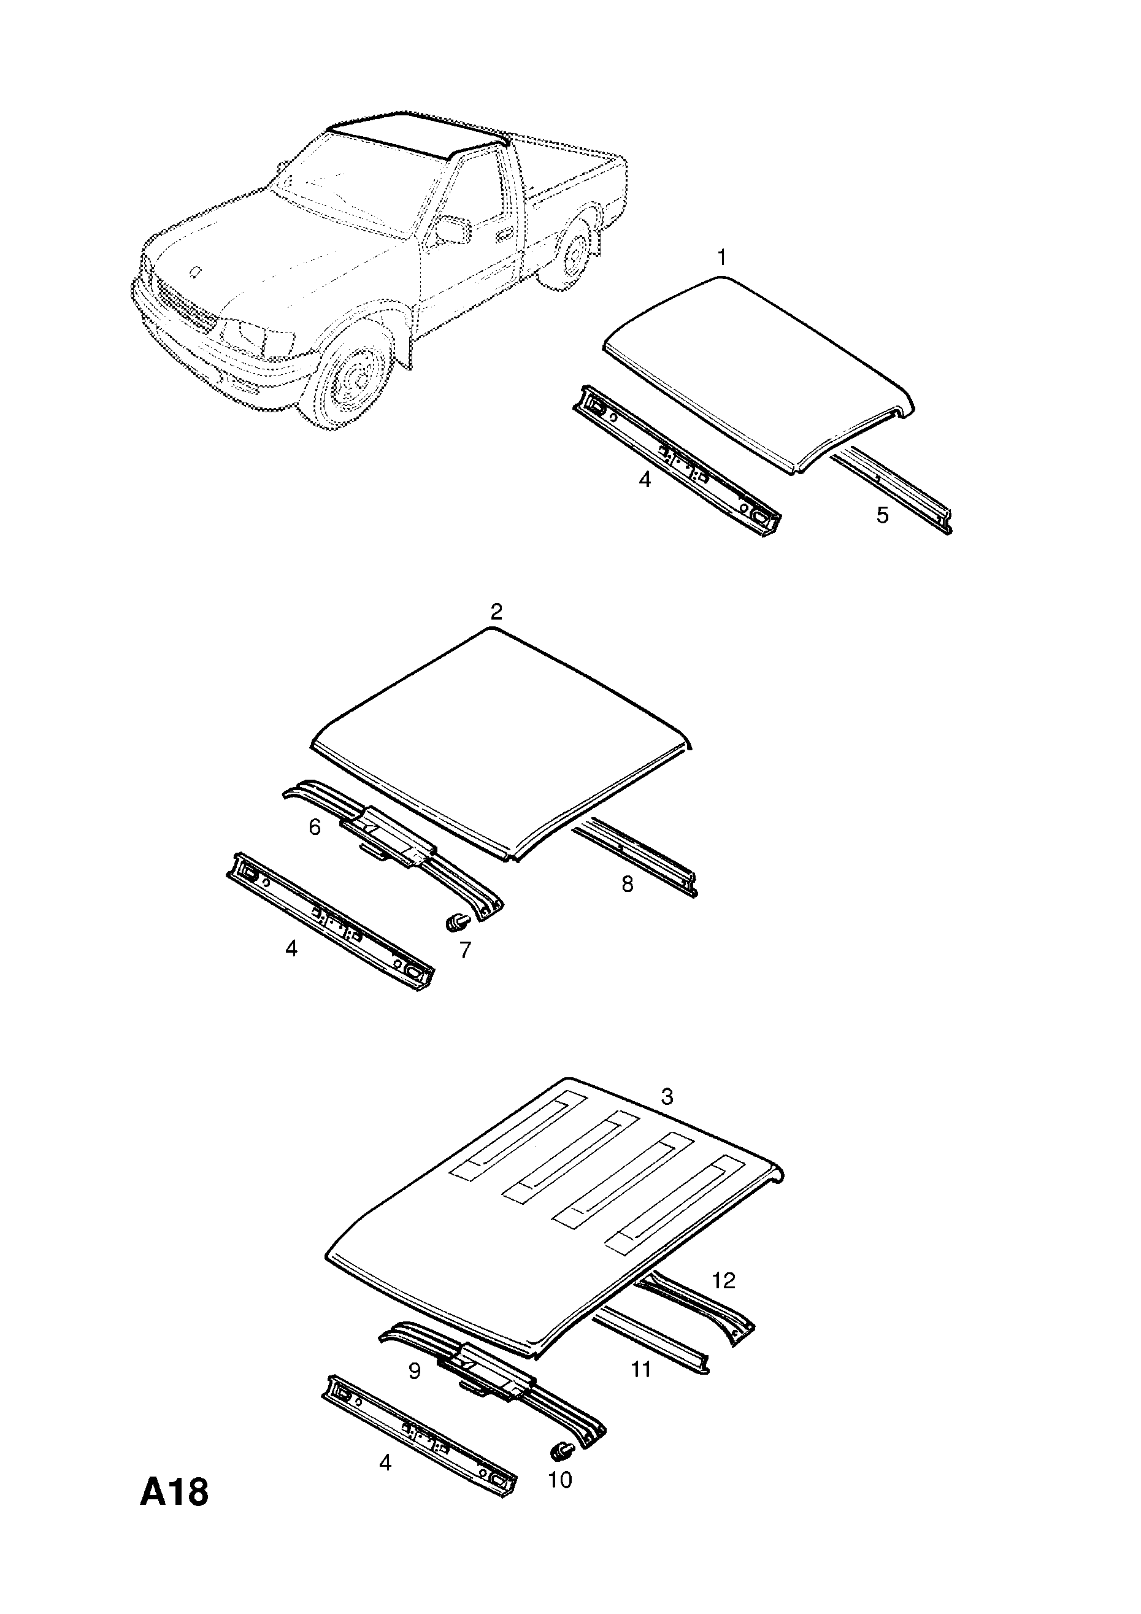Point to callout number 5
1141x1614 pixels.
pyautogui.click(x=882, y=515)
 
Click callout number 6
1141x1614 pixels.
pyautogui.click(x=314, y=828)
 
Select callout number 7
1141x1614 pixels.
pyautogui.click(x=465, y=950)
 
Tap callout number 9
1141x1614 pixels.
pyautogui.click(x=414, y=1371)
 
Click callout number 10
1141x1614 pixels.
pyautogui.click(x=560, y=1480)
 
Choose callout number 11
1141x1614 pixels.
pyautogui.click(x=641, y=1369)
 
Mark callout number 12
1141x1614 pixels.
pyautogui.click(x=723, y=1280)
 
